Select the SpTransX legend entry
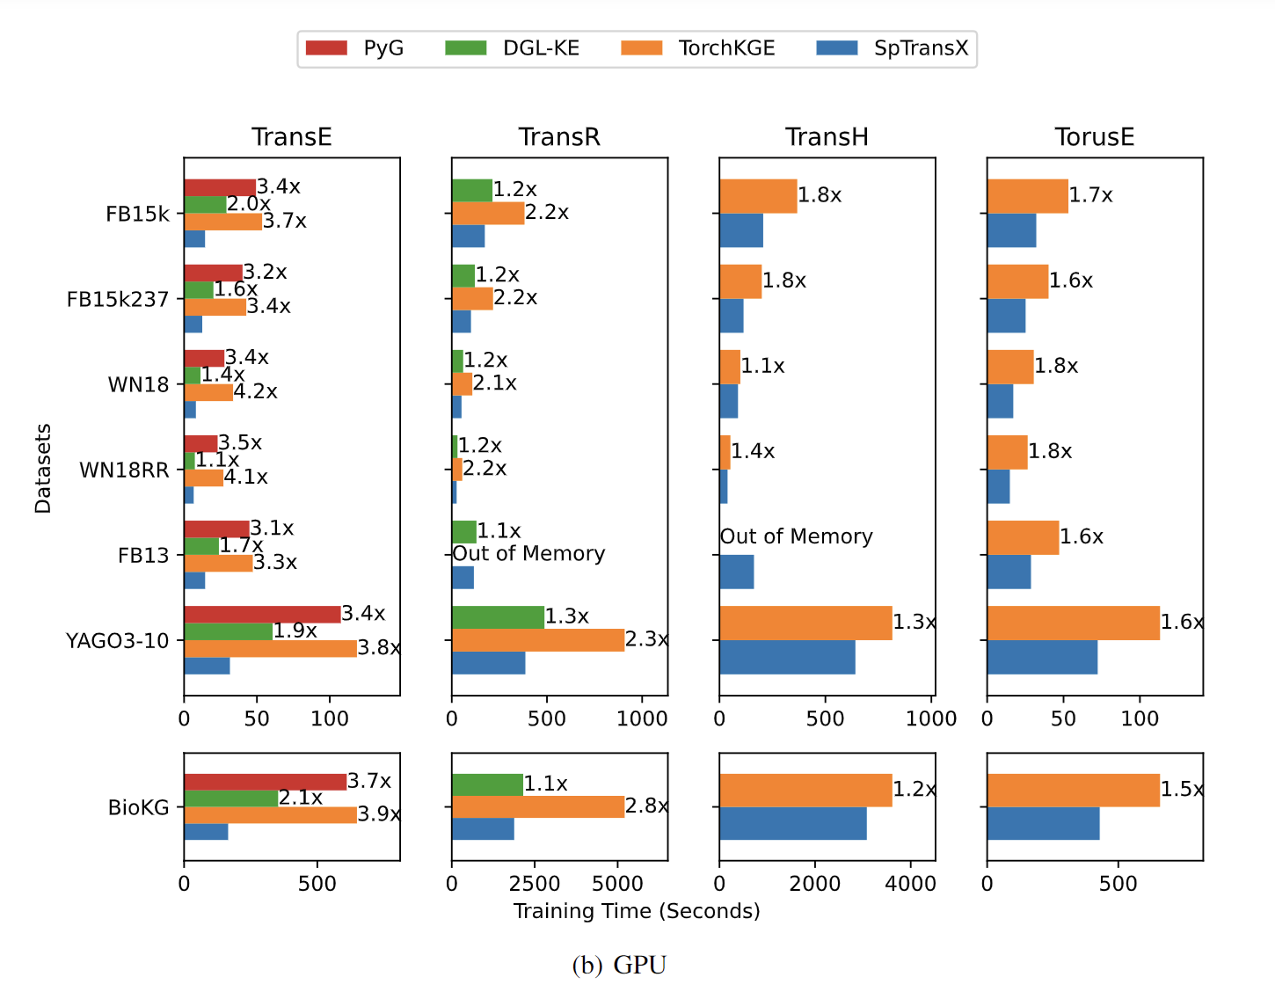click(892, 48)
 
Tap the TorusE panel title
click(1094, 137)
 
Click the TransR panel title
click(559, 137)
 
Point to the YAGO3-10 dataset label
click(117, 641)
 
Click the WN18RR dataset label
click(124, 470)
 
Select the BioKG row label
click(138, 807)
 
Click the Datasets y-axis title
click(43, 468)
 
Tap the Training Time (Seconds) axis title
click(637, 911)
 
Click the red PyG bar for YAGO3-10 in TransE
click(262, 615)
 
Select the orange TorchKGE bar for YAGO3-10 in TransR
click(537, 640)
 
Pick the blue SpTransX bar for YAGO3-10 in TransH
click(787, 658)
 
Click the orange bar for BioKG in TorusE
click(1073, 791)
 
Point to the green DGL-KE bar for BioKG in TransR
click(487, 784)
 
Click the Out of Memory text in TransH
click(796, 536)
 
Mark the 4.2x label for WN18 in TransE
click(255, 391)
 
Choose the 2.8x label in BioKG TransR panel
click(646, 806)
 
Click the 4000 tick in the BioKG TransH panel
click(910, 884)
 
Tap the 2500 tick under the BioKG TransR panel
click(534, 884)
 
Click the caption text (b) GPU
click(619, 966)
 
